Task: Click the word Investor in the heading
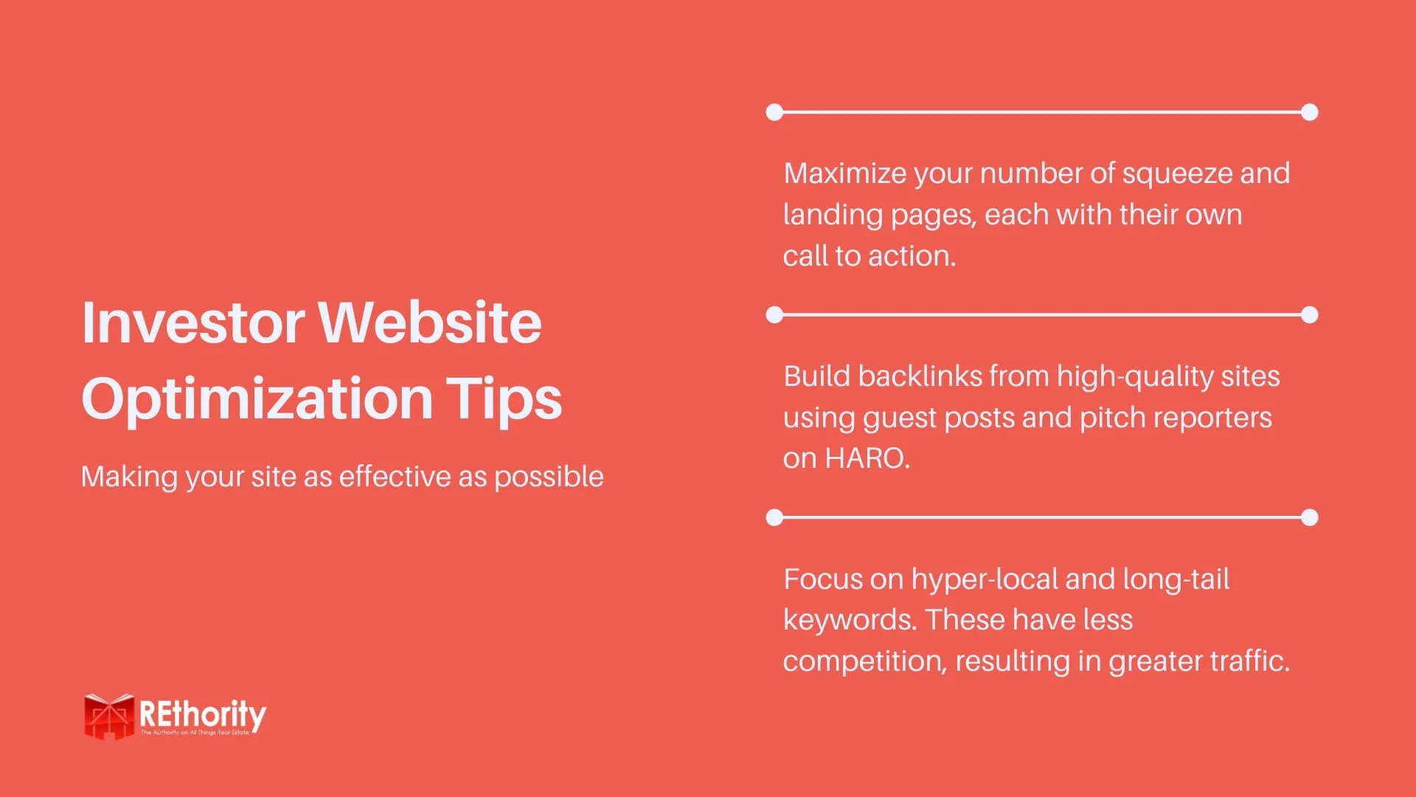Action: tap(193, 322)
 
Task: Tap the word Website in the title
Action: tap(430, 322)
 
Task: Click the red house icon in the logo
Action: tap(108, 716)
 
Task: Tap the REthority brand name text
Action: tap(203, 714)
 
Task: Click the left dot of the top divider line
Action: tap(774, 112)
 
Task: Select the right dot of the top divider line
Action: tap(1310, 112)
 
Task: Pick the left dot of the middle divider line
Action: tap(774, 315)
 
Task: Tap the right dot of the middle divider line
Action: tap(1310, 315)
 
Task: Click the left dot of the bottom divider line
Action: tap(774, 517)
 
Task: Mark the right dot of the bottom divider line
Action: tap(1310, 517)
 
